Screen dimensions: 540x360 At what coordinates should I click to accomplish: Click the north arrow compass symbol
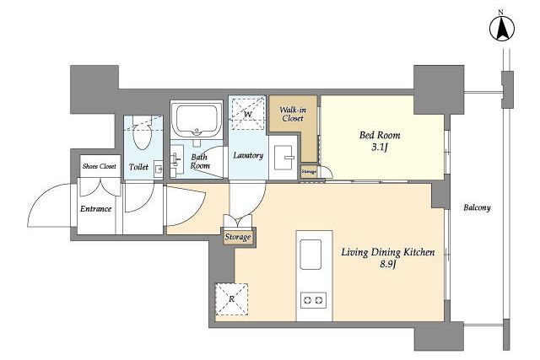502,29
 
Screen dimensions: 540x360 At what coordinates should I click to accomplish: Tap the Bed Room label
380,135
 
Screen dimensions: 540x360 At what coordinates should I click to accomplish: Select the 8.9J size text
389,265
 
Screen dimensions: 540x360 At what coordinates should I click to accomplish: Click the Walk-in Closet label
293,114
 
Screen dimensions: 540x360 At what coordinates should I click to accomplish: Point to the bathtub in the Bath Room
197,119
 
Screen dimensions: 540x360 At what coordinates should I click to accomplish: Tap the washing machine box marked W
248,114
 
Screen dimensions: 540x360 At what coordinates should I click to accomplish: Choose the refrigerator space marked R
231,299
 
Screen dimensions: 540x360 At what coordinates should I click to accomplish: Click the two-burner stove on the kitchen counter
313,300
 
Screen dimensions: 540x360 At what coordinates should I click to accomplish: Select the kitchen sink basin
310,255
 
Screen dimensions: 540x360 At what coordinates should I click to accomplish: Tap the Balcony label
477,207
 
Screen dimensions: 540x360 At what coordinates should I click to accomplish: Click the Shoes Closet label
100,166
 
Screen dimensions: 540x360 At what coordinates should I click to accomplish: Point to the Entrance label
95,208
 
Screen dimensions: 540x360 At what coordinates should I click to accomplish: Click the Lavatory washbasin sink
283,158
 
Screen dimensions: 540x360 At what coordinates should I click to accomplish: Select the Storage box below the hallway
238,237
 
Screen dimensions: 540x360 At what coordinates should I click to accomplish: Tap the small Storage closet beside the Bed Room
309,171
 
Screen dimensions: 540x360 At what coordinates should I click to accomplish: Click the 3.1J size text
380,148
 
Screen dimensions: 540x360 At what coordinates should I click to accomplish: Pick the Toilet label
138,167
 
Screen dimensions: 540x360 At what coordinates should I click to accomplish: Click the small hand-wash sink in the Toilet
159,169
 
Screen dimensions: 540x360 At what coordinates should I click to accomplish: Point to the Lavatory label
248,156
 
